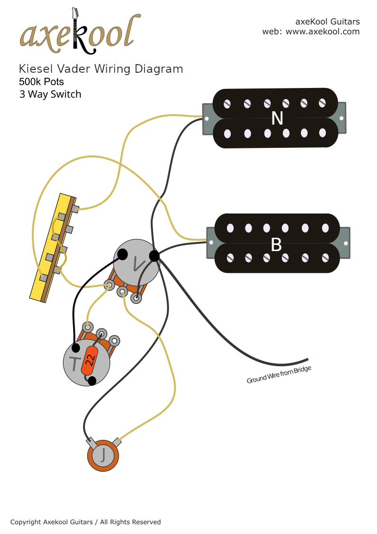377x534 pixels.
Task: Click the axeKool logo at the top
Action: (80, 32)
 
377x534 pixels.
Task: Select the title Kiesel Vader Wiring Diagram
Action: (101, 69)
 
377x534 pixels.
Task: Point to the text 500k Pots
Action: (41, 82)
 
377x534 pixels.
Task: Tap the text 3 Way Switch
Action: (50, 94)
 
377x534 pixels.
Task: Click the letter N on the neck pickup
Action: (276, 118)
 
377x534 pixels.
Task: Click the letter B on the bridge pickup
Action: (276, 245)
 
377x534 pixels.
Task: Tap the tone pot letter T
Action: (75, 364)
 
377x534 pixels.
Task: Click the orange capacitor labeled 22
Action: (89, 360)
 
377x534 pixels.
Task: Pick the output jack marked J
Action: (103, 456)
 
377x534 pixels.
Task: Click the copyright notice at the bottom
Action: (85, 522)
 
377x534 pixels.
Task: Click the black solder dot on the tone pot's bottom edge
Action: (92, 380)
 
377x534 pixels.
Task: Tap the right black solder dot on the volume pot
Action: (154, 256)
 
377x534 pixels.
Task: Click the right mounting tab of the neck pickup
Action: (342, 117)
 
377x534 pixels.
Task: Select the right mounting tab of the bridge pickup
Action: (345, 243)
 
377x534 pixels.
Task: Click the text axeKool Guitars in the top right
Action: (327, 21)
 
